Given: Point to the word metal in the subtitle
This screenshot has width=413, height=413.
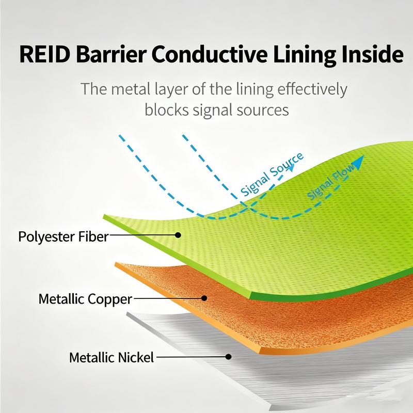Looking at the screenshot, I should (135, 89).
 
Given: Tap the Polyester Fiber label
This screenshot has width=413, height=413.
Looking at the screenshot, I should (63, 237).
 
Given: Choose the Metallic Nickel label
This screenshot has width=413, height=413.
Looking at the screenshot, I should (112, 357).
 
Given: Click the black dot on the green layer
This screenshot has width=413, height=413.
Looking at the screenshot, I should (178, 235).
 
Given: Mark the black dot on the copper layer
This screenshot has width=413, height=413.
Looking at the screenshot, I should (205, 298).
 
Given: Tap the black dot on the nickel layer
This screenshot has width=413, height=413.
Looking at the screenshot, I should (228, 356).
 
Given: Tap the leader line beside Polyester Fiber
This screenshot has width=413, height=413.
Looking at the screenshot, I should (143, 235).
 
